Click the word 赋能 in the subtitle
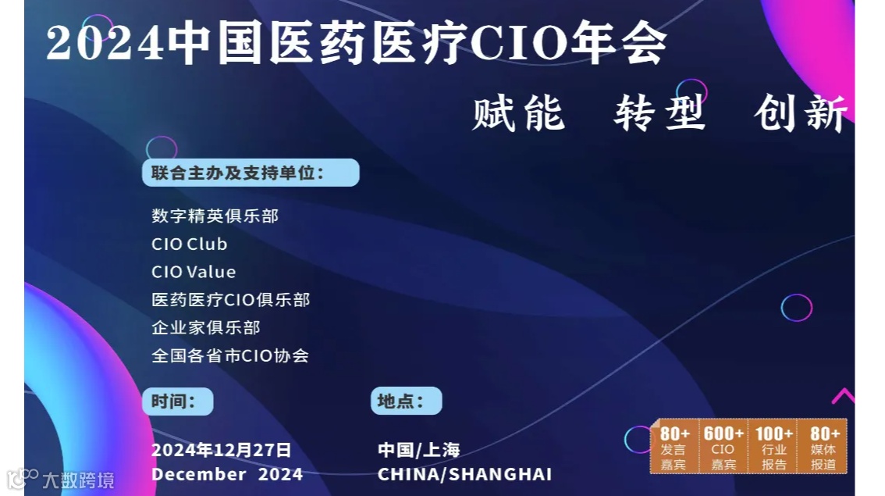tap(518, 114)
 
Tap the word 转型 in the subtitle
tap(659, 114)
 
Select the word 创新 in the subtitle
tap(801, 114)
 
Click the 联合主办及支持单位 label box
tap(251, 173)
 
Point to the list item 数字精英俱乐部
tap(215, 216)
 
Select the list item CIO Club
tap(190, 244)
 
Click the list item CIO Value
tap(194, 272)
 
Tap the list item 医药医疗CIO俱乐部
tap(231, 300)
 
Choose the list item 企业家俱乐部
tap(206, 327)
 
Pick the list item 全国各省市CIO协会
tap(230, 355)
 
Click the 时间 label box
tap(177, 401)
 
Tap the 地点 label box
tap(406, 401)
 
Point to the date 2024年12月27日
tap(221, 450)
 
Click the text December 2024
tap(227, 474)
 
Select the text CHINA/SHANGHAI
tap(464, 474)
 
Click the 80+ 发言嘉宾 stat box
tap(674, 447)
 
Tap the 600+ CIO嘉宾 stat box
tap(723, 447)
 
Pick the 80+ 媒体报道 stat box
tap(824, 447)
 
